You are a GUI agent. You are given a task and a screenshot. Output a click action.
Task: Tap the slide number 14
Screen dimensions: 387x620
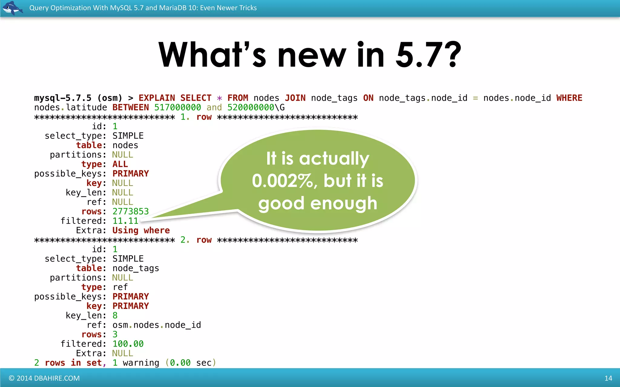pos(608,378)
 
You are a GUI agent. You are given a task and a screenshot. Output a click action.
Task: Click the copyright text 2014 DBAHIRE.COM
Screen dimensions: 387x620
pos(44,378)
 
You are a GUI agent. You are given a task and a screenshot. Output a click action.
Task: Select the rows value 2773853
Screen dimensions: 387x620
pos(130,211)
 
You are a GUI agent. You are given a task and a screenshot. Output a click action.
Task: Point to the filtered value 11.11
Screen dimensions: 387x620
pos(125,221)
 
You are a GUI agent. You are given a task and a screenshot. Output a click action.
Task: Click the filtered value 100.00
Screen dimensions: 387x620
pos(128,344)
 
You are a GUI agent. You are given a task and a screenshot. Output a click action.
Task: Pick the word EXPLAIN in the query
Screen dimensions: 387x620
pos(157,98)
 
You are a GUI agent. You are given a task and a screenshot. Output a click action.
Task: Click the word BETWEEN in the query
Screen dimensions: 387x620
pos(130,108)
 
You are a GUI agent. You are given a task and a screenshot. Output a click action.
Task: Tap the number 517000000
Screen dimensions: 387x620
pos(177,108)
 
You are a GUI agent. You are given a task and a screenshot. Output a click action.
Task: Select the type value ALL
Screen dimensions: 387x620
pos(120,164)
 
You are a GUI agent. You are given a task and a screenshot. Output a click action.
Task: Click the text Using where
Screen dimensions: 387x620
pos(141,230)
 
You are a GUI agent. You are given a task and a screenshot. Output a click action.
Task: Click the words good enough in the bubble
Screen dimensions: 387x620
pos(318,203)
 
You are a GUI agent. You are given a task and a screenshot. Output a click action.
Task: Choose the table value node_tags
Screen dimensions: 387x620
pos(136,268)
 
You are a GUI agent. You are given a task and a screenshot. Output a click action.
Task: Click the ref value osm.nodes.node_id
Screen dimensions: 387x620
pos(157,325)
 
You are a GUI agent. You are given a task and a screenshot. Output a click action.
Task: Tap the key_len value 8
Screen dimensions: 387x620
pos(115,316)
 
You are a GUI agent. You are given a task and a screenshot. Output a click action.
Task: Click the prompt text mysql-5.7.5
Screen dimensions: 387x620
pos(63,98)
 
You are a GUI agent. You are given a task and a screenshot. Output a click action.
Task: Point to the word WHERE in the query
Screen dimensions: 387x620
pos(569,98)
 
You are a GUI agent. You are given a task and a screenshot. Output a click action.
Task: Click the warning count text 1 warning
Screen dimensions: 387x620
pos(136,363)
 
